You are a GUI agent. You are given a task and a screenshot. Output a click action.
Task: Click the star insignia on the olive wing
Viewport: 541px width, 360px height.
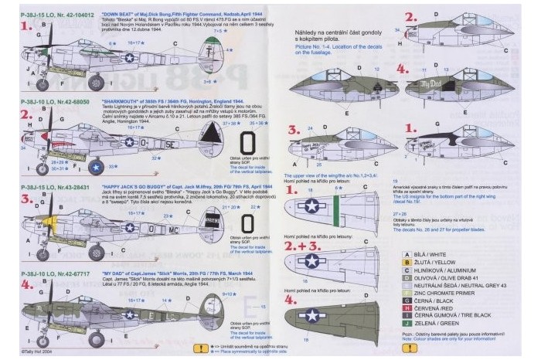pos(312,314)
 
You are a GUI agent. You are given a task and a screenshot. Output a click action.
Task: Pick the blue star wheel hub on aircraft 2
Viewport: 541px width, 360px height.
pos(95,165)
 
